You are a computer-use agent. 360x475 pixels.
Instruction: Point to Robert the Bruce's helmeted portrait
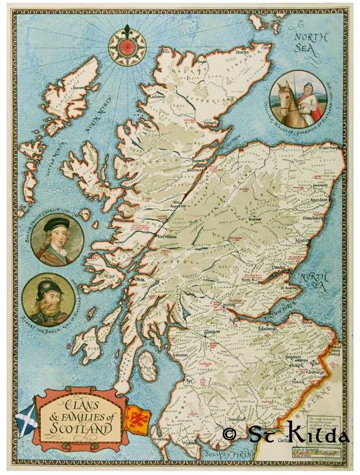tap(47, 299)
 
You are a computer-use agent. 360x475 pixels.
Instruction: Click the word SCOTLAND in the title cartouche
tap(82, 429)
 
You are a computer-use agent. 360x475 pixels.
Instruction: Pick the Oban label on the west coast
tap(138, 280)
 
